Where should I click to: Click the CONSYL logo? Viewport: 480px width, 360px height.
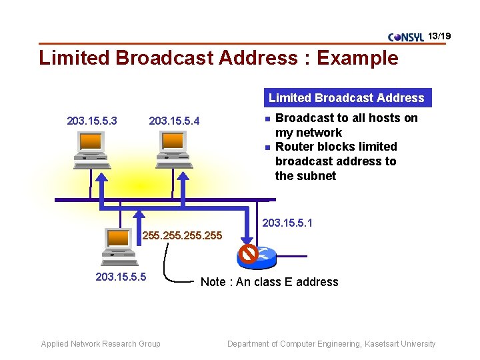pyautogui.click(x=405, y=37)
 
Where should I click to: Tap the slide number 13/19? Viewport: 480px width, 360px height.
pyautogui.click(x=439, y=35)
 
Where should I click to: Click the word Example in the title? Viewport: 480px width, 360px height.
pyautogui.click(x=357, y=58)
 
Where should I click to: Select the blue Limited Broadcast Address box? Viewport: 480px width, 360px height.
pyautogui.click(x=346, y=98)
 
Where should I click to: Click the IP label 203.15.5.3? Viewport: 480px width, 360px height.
pyautogui.click(x=92, y=121)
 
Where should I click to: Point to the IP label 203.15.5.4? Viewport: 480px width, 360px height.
pyautogui.click(x=174, y=121)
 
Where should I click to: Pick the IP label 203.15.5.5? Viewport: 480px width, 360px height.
pyautogui.click(x=121, y=277)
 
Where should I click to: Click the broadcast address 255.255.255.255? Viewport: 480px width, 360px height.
pyautogui.click(x=183, y=235)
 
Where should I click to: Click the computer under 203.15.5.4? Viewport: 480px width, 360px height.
pyautogui.click(x=173, y=147)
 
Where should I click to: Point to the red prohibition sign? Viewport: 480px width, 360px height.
pyautogui.click(x=249, y=254)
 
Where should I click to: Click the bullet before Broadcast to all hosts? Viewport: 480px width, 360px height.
pyautogui.click(x=266, y=119)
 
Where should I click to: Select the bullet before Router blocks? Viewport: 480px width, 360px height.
pyautogui.click(x=266, y=147)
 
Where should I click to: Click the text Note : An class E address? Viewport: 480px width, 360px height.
pyautogui.click(x=269, y=282)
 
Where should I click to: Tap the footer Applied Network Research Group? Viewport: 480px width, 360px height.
pyautogui.click(x=101, y=344)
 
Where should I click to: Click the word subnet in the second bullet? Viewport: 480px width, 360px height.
pyautogui.click(x=319, y=176)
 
